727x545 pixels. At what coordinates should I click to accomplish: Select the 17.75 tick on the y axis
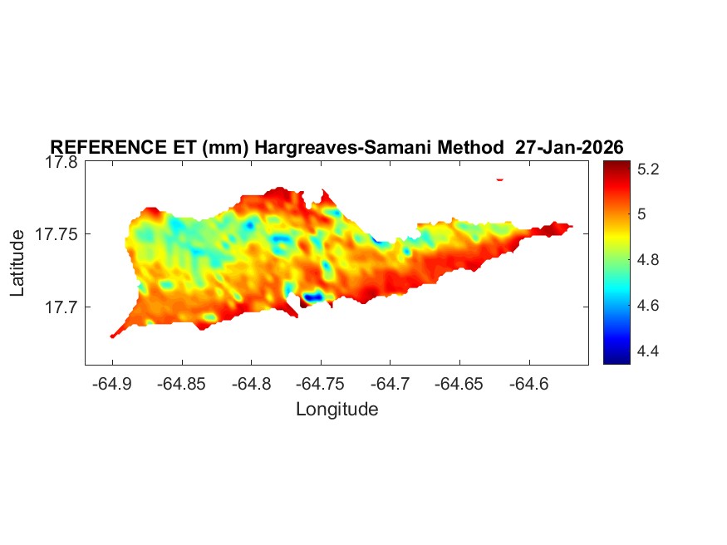(x=57, y=235)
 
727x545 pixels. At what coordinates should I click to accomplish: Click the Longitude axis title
(x=336, y=409)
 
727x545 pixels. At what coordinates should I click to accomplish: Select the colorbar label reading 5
(x=641, y=214)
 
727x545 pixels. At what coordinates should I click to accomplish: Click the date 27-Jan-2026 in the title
(x=569, y=147)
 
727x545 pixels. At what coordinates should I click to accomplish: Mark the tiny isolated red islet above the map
(x=500, y=179)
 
